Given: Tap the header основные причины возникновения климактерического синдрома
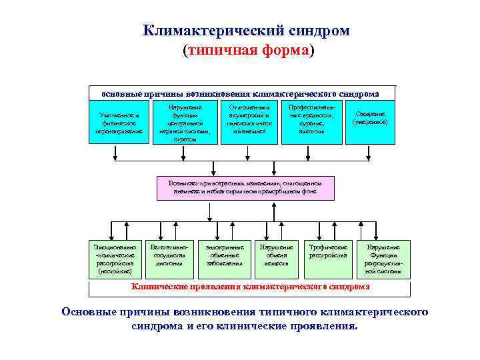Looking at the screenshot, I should point(240,93).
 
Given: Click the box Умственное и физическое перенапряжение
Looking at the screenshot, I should point(117,123).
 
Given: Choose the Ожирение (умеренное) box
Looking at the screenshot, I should point(371,118).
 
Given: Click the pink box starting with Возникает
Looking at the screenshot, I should point(245,187).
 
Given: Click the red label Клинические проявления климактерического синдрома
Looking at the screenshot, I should point(250,287).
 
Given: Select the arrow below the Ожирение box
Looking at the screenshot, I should point(371,152).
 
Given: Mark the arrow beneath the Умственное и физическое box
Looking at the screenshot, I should point(117,152).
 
